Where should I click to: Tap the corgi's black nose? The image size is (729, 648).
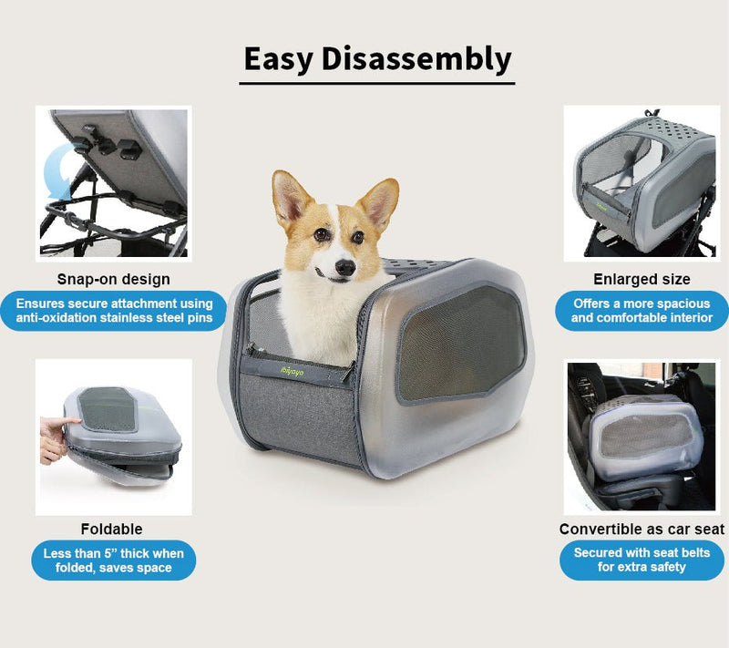click(x=344, y=267)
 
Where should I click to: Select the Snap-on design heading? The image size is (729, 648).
click(x=113, y=279)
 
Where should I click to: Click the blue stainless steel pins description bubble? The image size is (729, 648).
click(x=113, y=310)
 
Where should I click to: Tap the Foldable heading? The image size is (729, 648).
click(x=111, y=529)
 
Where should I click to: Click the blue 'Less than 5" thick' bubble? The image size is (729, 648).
click(x=113, y=561)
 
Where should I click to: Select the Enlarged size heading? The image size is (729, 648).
click(x=642, y=279)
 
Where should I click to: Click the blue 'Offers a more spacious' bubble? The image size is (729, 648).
click(x=642, y=310)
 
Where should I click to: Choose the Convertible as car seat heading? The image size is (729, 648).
click(x=642, y=529)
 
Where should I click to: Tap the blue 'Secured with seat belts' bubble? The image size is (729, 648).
click(x=642, y=560)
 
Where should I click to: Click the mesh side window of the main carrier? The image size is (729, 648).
click(x=460, y=342)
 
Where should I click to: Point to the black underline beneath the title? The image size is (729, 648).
click(x=377, y=83)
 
